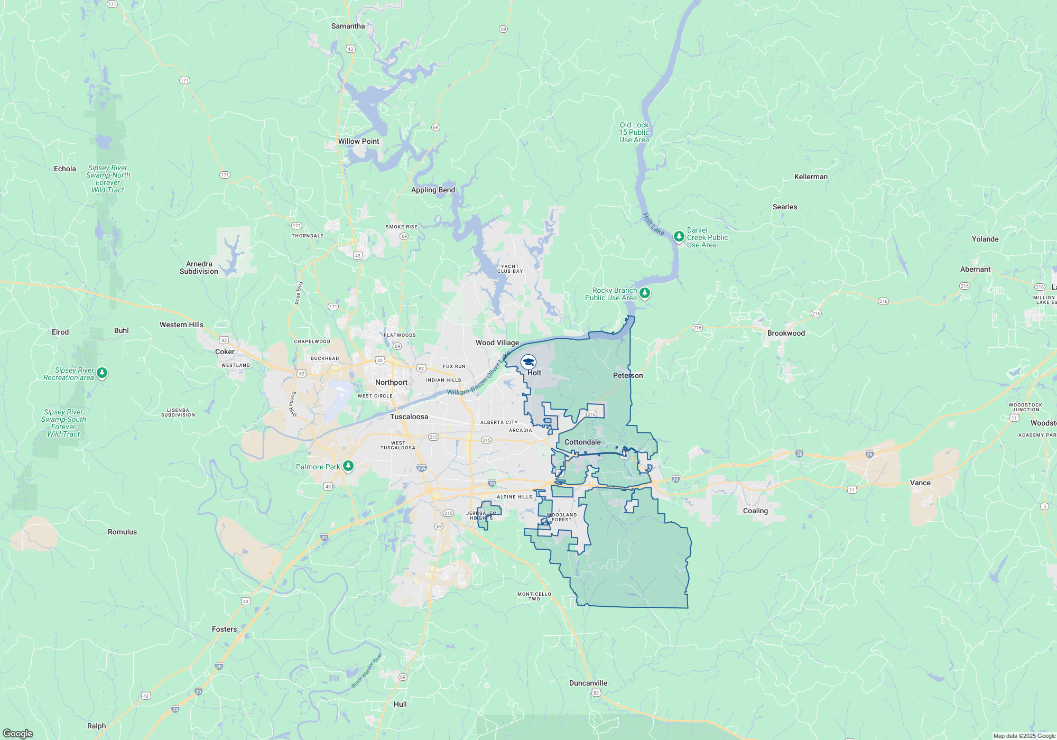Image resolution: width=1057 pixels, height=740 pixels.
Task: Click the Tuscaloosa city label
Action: tap(409, 417)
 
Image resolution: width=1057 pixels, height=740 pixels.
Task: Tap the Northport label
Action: tap(391, 382)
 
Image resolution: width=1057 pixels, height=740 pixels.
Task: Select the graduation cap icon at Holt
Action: tap(528, 362)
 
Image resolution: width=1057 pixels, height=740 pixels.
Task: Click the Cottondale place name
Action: tap(582, 442)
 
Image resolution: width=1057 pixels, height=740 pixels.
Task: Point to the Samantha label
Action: tap(348, 26)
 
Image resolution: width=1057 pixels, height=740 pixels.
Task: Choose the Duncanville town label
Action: tap(588, 683)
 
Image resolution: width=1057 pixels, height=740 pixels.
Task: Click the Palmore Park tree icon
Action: tap(348, 466)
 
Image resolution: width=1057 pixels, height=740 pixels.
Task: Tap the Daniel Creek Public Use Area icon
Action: tap(679, 236)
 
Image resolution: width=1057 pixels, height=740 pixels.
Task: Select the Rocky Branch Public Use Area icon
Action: tap(644, 293)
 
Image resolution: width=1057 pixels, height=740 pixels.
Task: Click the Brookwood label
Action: tap(786, 333)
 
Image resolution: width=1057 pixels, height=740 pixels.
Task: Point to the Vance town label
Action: tap(920, 483)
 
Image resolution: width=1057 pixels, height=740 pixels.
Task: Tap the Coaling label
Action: tap(755, 511)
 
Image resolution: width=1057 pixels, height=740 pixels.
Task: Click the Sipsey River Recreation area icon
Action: tap(102, 373)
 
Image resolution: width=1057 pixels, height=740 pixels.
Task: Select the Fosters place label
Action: tap(224, 629)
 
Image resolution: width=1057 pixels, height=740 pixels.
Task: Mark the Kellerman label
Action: tap(811, 177)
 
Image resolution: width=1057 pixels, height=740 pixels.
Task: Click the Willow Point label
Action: tap(358, 141)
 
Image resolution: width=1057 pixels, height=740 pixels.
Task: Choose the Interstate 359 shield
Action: tap(421, 468)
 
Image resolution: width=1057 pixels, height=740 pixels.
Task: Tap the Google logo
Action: tap(18, 734)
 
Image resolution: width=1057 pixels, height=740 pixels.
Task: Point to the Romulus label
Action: tap(122, 532)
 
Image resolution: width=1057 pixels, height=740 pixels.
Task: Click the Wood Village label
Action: tap(497, 343)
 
